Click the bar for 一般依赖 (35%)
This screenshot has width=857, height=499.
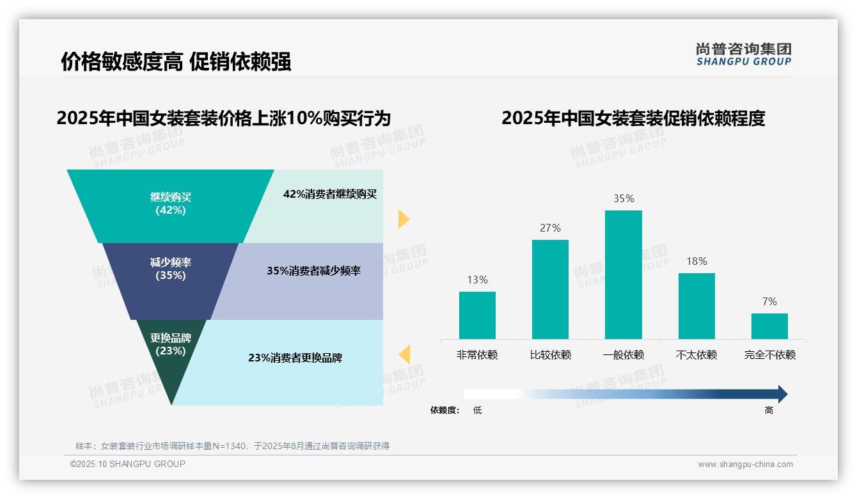(x=623, y=274)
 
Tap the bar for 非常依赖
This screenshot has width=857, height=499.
(x=477, y=315)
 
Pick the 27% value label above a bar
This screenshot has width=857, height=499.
(x=550, y=228)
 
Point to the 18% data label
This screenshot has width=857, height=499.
(x=696, y=261)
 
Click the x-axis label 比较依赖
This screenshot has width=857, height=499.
(x=550, y=355)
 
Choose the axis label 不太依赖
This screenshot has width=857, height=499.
(x=696, y=355)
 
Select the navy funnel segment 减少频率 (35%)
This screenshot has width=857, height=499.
(x=171, y=275)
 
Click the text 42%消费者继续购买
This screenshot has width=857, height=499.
(x=330, y=194)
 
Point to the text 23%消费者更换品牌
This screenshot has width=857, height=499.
(x=295, y=358)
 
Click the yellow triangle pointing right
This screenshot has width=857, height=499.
(x=403, y=219)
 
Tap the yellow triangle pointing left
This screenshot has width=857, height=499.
(x=404, y=354)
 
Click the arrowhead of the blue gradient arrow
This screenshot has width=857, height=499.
(x=782, y=394)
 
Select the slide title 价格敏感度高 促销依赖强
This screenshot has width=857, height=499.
(x=176, y=61)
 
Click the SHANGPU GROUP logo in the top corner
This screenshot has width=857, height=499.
(x=743, y=54)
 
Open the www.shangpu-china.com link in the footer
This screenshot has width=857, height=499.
(x=745, y=464)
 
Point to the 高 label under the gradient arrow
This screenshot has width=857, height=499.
(x=769, y=411)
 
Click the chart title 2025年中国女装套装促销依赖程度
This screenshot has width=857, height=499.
(x=633, y=118)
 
